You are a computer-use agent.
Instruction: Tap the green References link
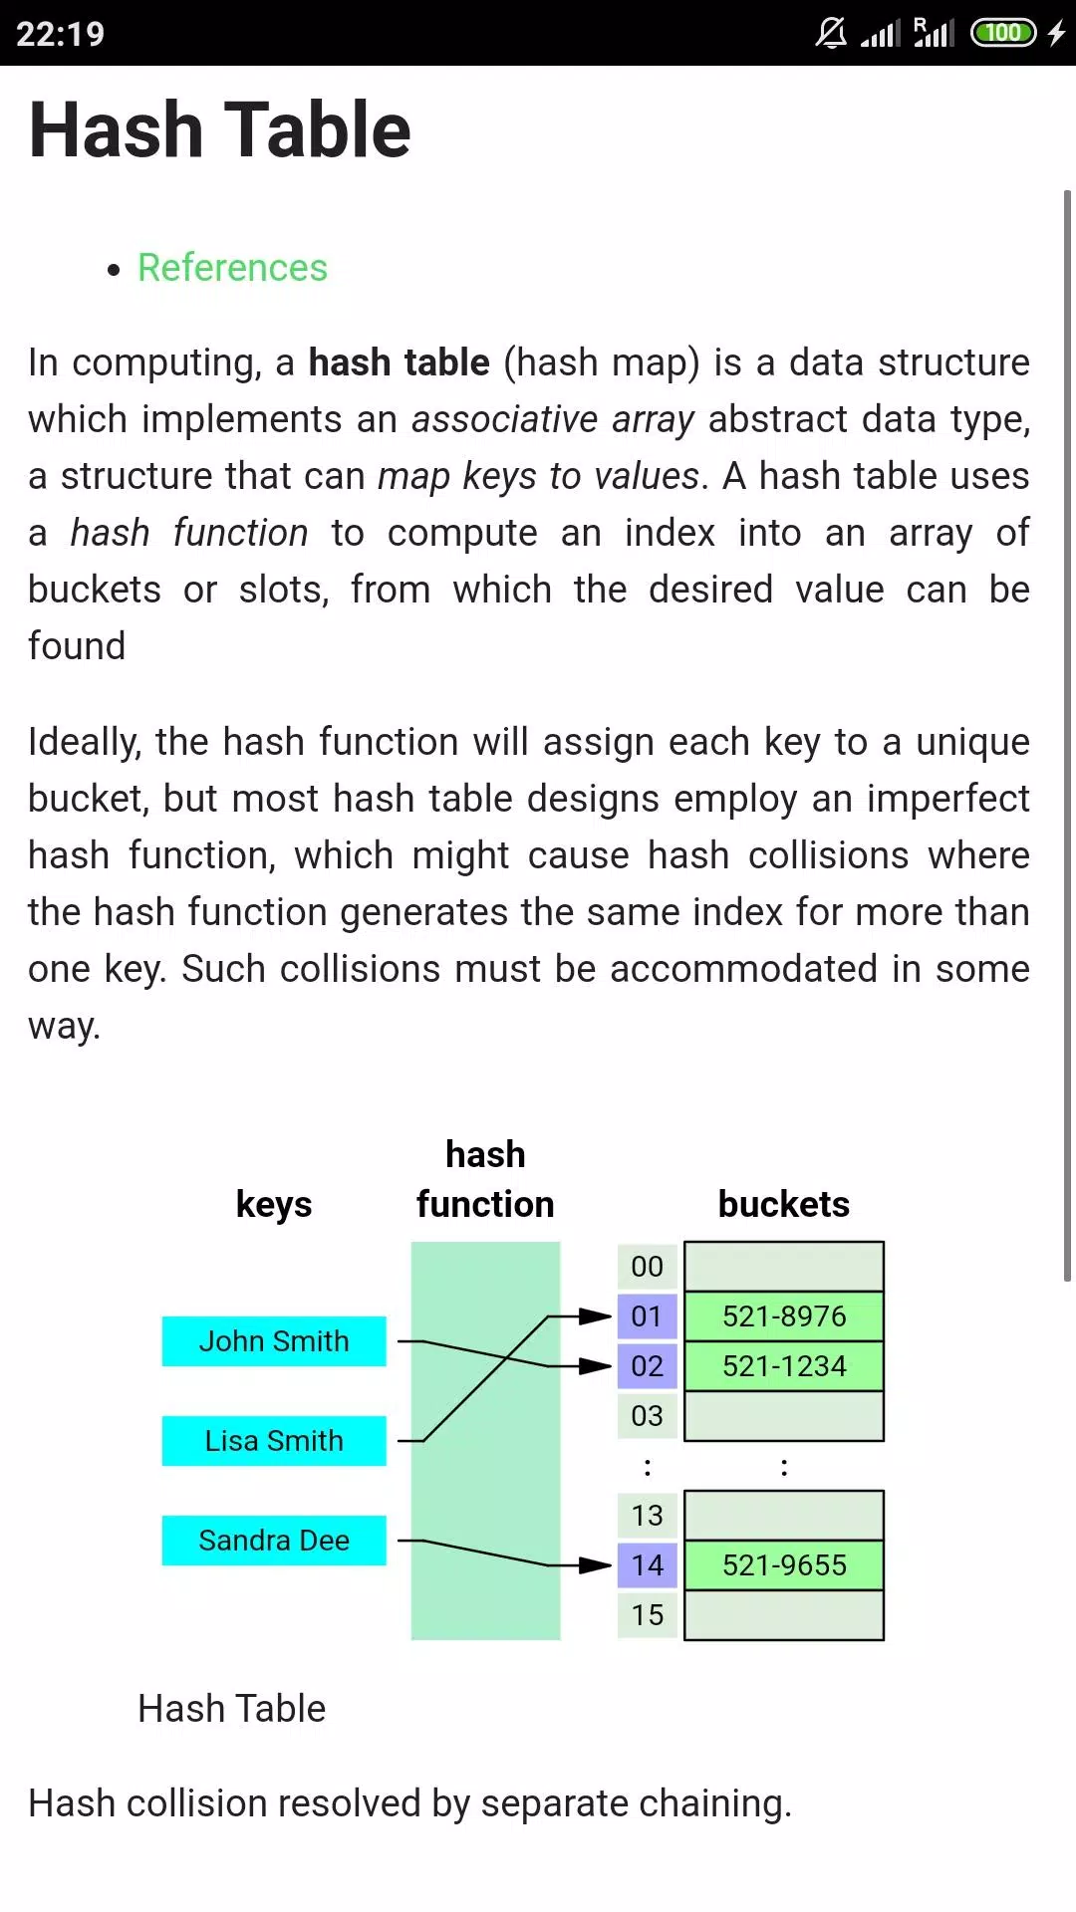tap(232, 268)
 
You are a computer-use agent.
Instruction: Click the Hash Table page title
tap(220, 129)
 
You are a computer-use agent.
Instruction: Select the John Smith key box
tap(274, 1341)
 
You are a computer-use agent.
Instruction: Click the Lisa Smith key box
tap(274, 1441)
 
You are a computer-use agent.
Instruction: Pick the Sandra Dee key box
tap(274, 1541)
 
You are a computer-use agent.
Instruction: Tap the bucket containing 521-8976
tap(784, 1316)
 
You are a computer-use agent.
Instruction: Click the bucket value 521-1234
tap(784, 1366)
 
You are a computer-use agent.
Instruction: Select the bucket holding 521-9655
tap(784, 1565)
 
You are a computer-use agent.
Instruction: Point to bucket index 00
tap(648, 1267)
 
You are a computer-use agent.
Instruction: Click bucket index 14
tap(648, 1565)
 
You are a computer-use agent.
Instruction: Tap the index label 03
tap(648, 1416)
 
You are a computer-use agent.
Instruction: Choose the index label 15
tap(648, 1615)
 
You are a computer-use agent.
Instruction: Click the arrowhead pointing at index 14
tap(596, 1565)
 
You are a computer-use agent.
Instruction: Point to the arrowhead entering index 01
tap(596, 1316)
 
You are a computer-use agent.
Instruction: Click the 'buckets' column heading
tap(784, 1204)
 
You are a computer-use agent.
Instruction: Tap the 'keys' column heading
tap(274, 1205)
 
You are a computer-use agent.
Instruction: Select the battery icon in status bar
tap(1004, 33)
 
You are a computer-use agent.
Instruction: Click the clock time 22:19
tap(61, 34)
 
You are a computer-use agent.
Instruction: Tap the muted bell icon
tap(831, 33)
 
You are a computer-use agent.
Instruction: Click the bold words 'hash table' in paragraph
tap(399, 362)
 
